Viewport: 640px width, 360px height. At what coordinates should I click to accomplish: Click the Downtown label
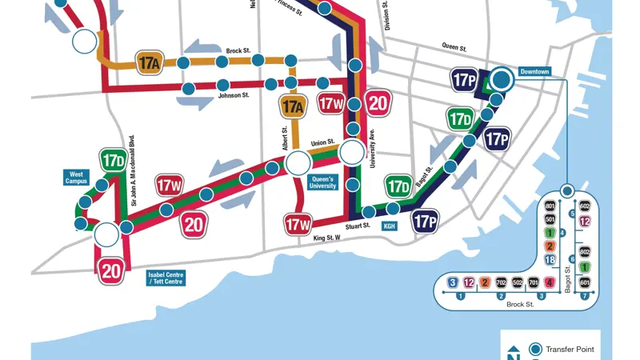(535, 72)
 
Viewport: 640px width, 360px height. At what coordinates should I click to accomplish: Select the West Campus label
(78, 177)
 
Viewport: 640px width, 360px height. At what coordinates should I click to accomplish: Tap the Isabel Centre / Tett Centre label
(166, 278)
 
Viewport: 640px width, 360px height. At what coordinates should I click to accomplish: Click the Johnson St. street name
(234, 95)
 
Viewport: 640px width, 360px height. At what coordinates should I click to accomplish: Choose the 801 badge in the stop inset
(550, 206)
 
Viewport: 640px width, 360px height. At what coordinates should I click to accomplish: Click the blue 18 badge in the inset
(550, 260)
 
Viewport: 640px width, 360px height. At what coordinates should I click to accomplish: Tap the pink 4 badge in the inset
(549, 282)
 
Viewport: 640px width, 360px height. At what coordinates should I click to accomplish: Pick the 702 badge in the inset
(500, 282)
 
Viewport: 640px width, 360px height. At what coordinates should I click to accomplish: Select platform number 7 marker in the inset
(585, 296)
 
